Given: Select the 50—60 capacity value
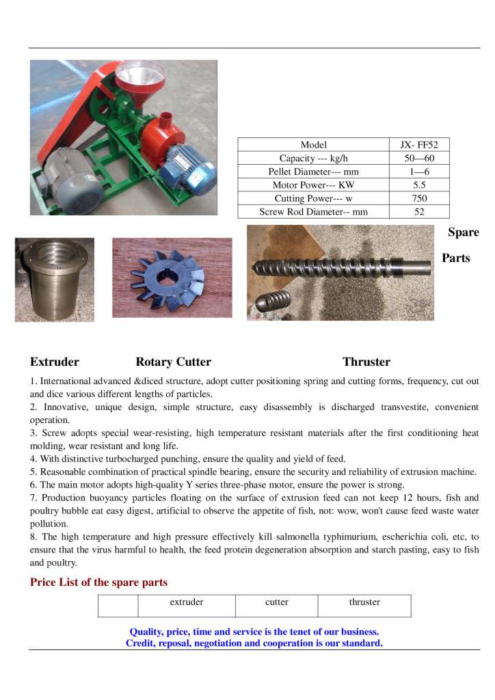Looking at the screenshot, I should pyautogui.click(x=419, y=158).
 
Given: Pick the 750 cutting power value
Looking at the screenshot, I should pyautogui.click(x=419, y=198).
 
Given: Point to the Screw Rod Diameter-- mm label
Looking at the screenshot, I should pyautogui.click(x=313, y=212).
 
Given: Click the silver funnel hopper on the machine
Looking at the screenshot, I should pyautogui.click(x=139, y=75).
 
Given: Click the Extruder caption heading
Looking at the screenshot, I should pyautogui.click(x=55, y=362).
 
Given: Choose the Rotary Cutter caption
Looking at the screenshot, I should pyautogui.click(x=173, y=362).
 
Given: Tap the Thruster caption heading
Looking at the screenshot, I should pyautogui.click(x=366, y=362).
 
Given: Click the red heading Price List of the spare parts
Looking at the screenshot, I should pyautogui.click(x=98, y=582).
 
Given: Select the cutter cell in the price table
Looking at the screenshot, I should pyautogui.click(x=277, y=603).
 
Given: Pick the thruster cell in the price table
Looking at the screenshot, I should pyautogui.click(x=364, y=603).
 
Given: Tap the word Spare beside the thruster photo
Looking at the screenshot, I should pyautogui.click(x=463, y=232).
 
